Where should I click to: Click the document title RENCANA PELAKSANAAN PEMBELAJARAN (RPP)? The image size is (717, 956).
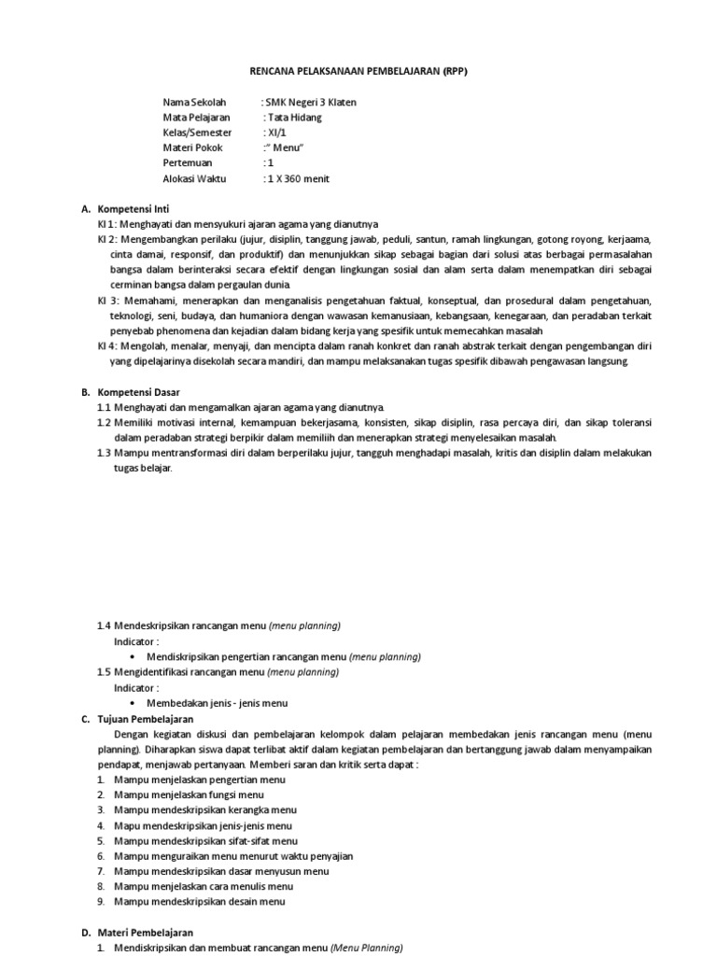tap(358, 71)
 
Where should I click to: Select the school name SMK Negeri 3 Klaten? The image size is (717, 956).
tap(311, 103)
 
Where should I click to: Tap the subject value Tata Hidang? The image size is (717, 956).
tap(298, 118)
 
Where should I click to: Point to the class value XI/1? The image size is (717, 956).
tap(277, 133)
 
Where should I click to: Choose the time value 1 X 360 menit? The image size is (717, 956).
tap(298, 178)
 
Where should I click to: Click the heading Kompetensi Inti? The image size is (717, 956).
tap(134, 208)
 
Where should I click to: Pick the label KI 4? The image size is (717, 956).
tap(109, 345)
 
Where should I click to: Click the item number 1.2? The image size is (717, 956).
tap(105, 423)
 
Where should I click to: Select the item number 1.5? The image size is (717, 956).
tap(105, 671)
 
